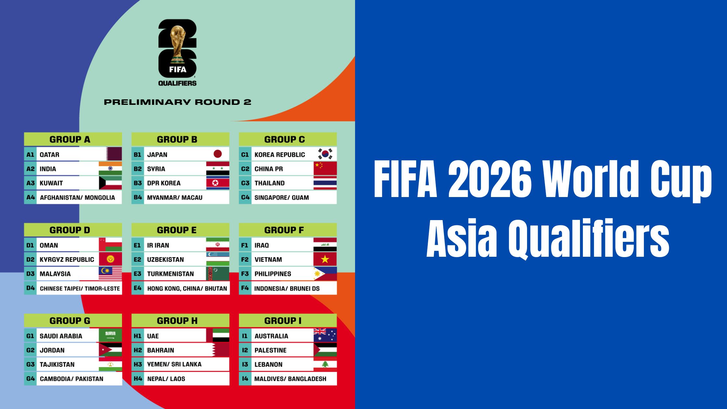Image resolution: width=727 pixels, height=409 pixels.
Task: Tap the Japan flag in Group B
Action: pos(217,154)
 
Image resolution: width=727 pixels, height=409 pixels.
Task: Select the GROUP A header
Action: pos(70,139)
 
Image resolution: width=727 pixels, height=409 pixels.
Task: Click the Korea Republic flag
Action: pos(325,154)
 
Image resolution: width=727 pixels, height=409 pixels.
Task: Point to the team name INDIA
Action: pos(48,169)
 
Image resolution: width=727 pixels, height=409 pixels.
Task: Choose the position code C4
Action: pos(245,197)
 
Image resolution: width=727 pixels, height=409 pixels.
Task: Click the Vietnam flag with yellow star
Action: pos(325,259)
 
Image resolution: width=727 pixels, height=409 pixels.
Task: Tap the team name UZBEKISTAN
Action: pos(165,259)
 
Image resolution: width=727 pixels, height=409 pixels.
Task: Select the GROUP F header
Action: pos(284,230)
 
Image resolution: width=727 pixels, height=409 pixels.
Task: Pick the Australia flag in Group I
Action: pos(325,335)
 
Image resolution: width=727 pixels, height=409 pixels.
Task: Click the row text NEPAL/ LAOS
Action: pos(166,379)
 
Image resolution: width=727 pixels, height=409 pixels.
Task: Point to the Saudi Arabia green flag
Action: pos(110,335)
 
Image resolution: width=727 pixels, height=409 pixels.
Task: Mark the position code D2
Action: pos(30,259)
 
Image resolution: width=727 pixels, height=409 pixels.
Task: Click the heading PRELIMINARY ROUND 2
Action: pos(178,102)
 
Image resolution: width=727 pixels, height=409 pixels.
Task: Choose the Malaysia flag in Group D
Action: pos(110,273)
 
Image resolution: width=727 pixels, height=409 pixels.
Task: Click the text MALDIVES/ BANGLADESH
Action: pos(290,379)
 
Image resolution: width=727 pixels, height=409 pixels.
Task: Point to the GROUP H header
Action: pos(177,321)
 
